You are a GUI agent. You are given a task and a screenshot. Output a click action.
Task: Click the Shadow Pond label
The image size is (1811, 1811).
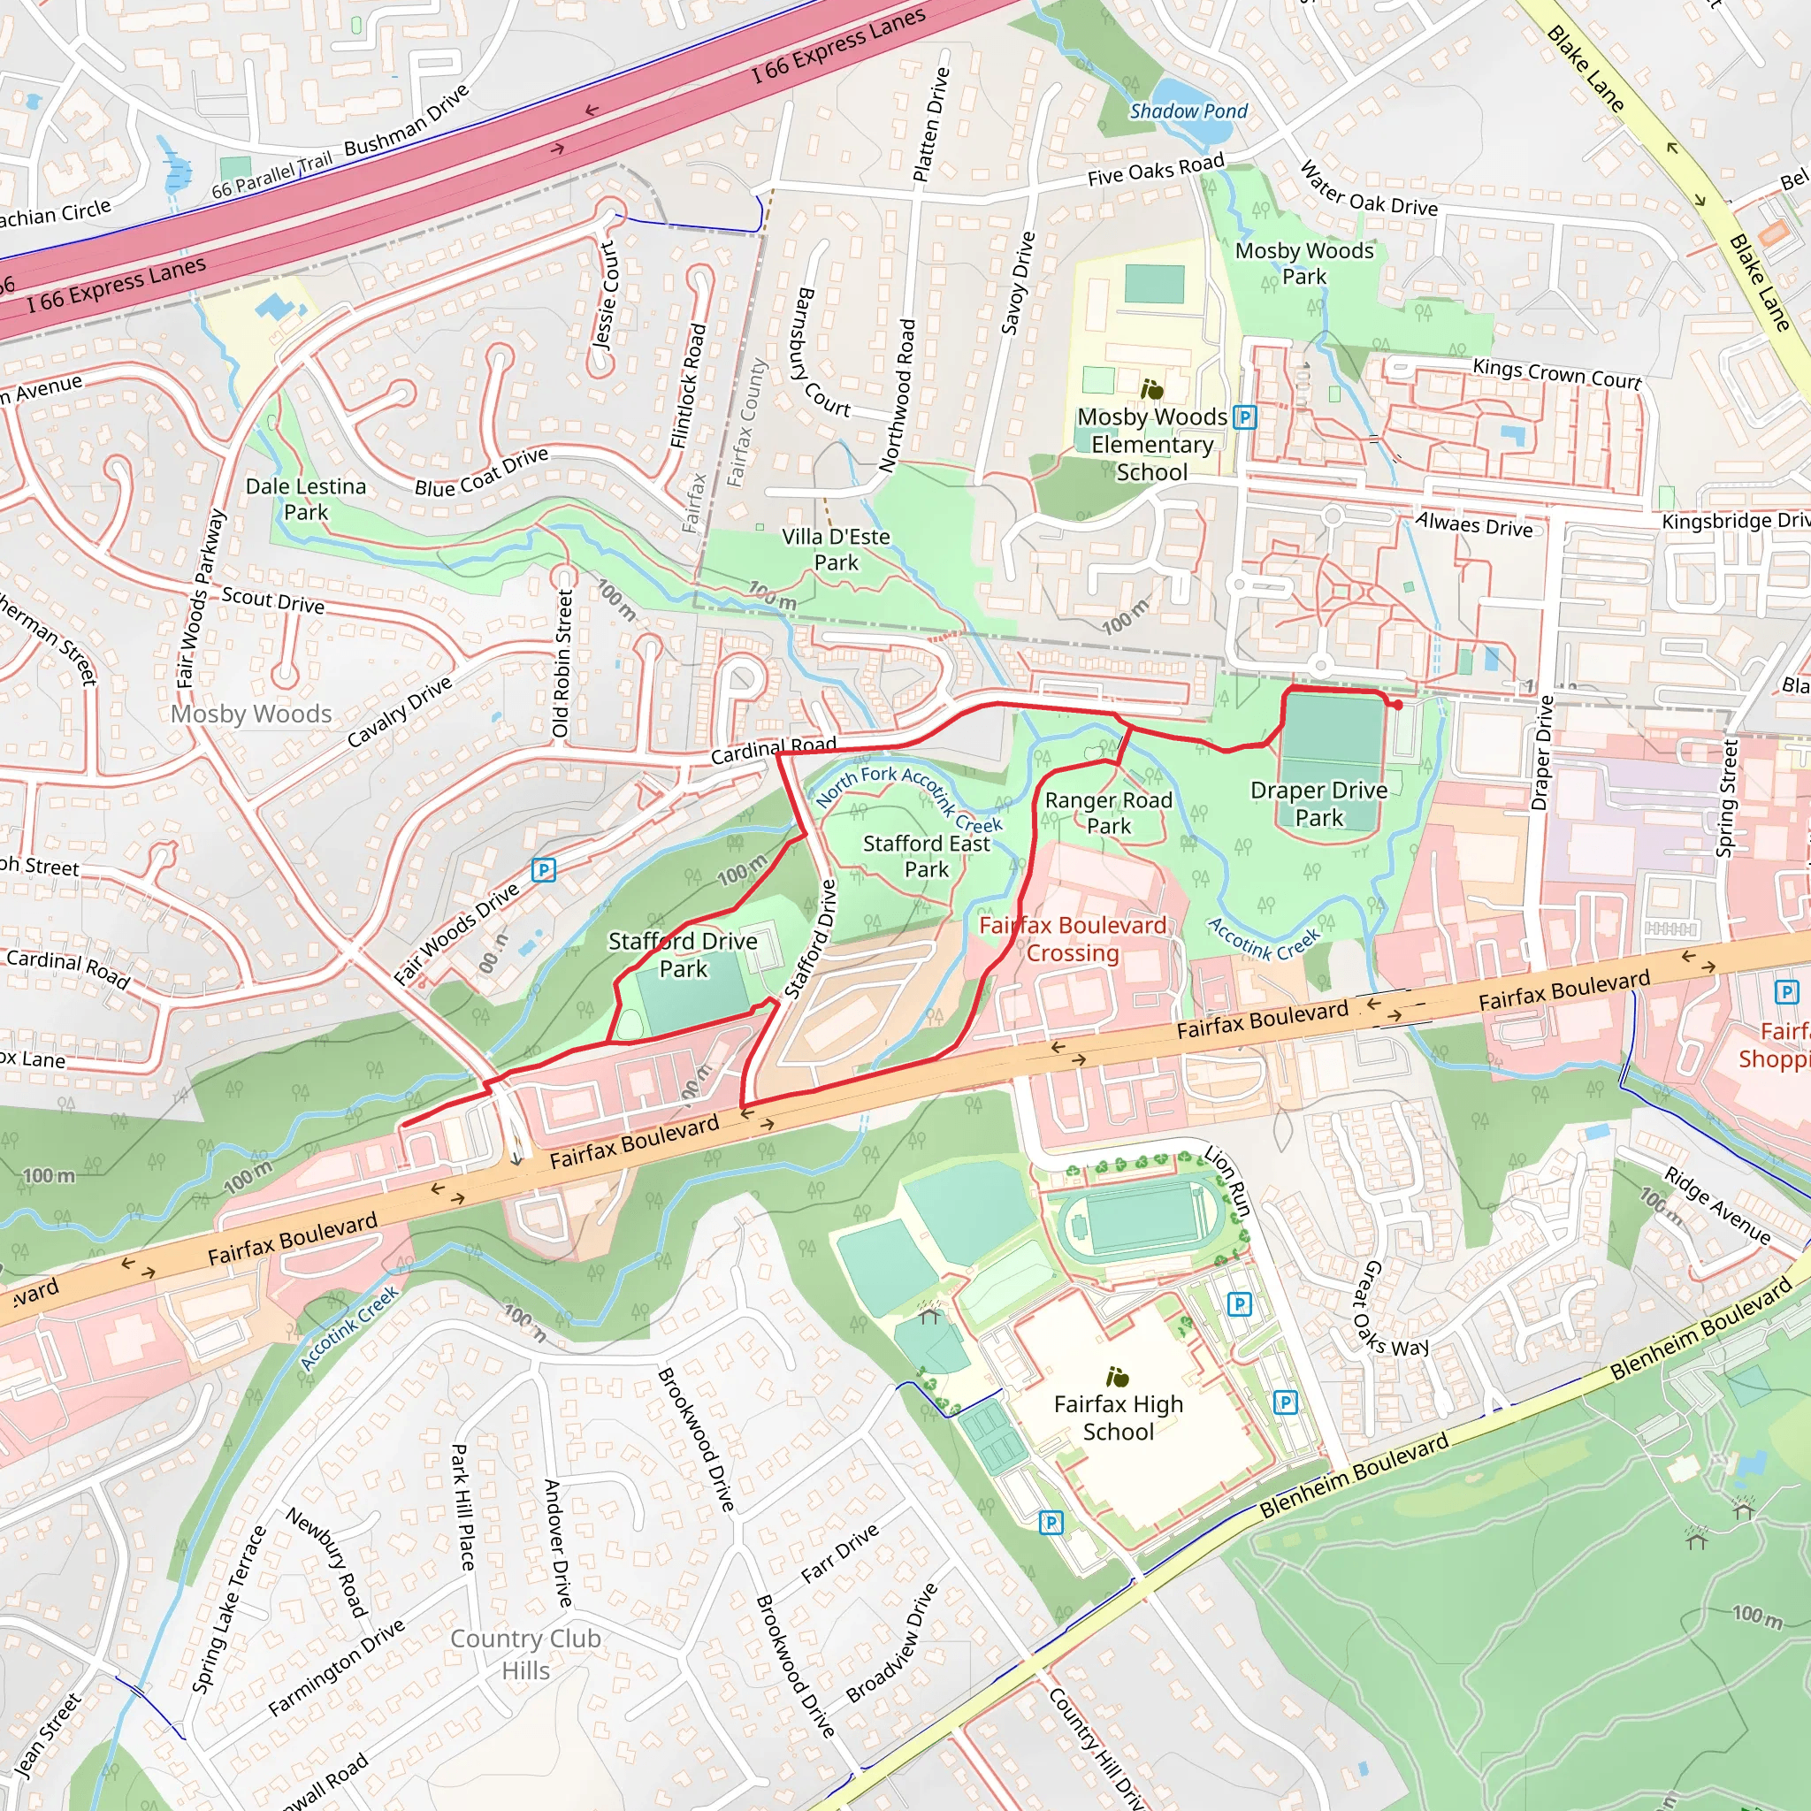click(1188, 111)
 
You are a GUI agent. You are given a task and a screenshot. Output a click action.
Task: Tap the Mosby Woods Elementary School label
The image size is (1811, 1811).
click(1152, 444)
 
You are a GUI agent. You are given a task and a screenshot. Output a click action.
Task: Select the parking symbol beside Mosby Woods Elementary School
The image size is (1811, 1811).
click(1244, 417)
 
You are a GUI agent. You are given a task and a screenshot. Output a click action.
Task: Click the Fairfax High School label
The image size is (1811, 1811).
click(1119, 1417)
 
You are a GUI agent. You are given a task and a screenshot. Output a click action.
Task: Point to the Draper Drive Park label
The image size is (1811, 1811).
click(1318, 803)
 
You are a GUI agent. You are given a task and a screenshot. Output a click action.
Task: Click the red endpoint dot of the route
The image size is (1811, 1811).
click(1398, 705)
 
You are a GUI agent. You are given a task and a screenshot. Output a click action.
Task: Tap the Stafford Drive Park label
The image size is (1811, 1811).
click(683, 954)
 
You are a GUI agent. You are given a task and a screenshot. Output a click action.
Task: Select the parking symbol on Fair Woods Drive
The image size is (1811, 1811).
click(544, 871)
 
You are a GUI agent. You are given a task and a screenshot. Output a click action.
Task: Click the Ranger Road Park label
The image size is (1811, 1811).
click(1108, 813)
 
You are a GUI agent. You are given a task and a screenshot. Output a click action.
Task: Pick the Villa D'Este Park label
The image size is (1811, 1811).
click(837, 549)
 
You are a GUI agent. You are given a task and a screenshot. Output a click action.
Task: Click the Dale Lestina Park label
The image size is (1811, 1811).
click(306, 499)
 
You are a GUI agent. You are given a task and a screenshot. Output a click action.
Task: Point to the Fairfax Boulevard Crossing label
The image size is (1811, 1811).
click(1073, 939)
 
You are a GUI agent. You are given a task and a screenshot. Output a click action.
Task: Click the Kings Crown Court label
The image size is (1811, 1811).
click(1556, 373)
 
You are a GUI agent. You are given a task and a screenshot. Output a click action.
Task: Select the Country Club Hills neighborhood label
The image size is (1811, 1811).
click(525, 1654)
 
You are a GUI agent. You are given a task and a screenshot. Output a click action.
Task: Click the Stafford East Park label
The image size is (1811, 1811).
click(926, 856)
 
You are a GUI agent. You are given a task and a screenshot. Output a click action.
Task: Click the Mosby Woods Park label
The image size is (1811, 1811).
click(1304, 264)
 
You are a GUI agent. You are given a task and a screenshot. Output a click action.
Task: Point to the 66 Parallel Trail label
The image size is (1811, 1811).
click(271, 176)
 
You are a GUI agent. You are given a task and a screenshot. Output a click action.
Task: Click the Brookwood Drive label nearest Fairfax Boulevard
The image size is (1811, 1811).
click(696, 1439)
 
